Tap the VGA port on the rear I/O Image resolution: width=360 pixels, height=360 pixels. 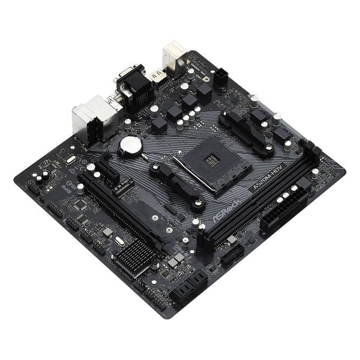(128, 84)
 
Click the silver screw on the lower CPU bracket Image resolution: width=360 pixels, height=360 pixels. (196, 202)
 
